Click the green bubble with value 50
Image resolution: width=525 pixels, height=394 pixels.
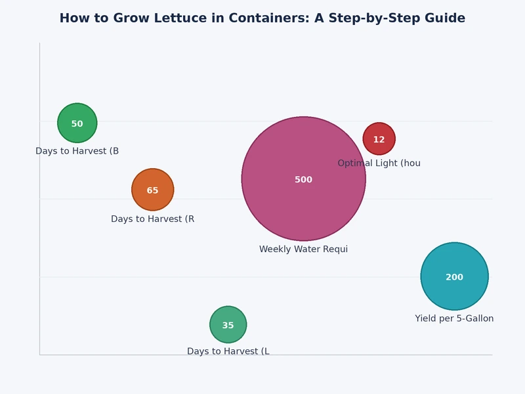click(x=77, y=114)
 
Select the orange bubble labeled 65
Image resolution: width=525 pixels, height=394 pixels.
click(x=152, y=181)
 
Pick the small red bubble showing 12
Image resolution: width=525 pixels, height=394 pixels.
click(x=379, y=131)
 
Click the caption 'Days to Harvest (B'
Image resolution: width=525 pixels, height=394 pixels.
click(x=77, y=151)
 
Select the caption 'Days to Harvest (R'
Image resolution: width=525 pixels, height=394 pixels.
click(x=152, y=219)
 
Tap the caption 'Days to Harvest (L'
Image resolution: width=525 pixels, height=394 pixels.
click(x=228, y=351)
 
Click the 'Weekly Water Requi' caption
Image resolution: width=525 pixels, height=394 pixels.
click(x=303, y=250)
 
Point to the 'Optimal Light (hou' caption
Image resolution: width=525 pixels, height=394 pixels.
click(x=379, y=163)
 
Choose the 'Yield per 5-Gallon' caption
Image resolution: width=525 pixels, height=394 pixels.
click(x=454, y=318)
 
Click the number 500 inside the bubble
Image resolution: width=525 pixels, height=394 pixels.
click(x=303, y=180)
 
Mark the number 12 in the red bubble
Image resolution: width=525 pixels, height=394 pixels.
click(x=379, y=140)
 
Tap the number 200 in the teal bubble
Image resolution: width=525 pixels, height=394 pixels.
click(x=454, y=278)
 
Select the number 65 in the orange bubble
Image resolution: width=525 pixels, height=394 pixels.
click(x=152, y=191)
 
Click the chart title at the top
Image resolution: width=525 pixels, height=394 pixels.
click(x=262, y=18)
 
